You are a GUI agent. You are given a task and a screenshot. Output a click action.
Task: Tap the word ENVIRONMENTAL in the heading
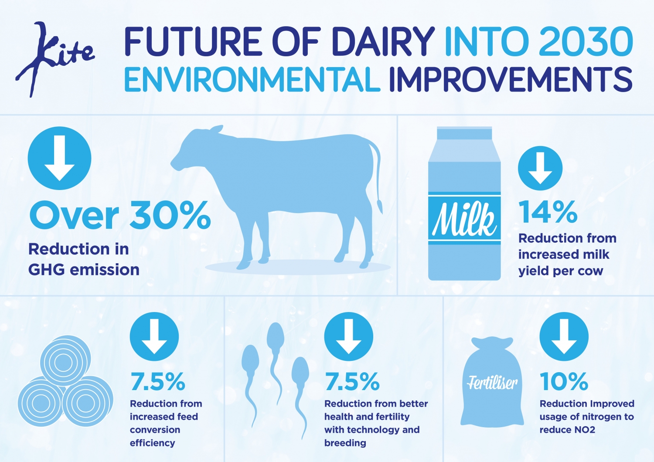pyautogui.click(x=252, y=80)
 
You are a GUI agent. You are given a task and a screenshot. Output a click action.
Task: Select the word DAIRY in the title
pyautogui.click(x=383, y=42)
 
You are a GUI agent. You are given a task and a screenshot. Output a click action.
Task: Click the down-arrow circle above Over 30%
pyautogui.click(x=59, y=158)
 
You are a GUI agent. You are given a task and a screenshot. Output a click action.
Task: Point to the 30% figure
pyautogui.click(x=170, y=215)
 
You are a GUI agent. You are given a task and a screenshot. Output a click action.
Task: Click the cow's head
pyautogui.click(x=192, y=150)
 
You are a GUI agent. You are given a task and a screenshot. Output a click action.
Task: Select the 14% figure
pyautogui.click(x=548, y=212)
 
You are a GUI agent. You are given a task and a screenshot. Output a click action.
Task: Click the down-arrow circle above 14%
pyautogui.click(x=540, y=168)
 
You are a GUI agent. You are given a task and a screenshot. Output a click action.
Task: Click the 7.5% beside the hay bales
pyautogui.click(x=158, y=382)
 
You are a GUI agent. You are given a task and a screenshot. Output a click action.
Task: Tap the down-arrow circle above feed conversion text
pyautogui.click(x=154, y=336)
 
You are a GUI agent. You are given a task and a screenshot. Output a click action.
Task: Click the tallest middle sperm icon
pyautogui.click(x=275, y=344)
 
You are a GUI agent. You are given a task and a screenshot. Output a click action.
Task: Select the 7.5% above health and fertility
pyautogui.click(x=352, y=382)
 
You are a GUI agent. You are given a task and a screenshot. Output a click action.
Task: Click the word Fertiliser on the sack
pyautogui.click(x=492, y=383)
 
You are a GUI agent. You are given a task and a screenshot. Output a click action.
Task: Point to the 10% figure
pyautogui.click(x=564, y=382)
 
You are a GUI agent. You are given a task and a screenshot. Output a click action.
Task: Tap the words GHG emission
pyautogui.click(x=84, y=270)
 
